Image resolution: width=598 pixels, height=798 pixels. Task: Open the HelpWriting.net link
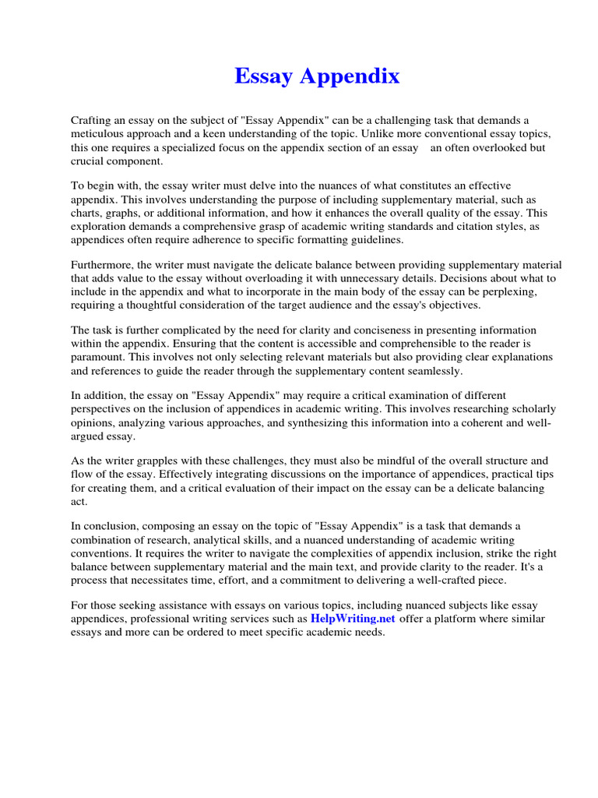pyautogui.click(x=353, y=619)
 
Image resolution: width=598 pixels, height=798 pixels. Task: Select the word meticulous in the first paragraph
pyautogui.click(x=98, y=133)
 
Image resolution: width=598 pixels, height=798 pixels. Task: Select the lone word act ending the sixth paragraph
pyautogui.click(x=79, y=501)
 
